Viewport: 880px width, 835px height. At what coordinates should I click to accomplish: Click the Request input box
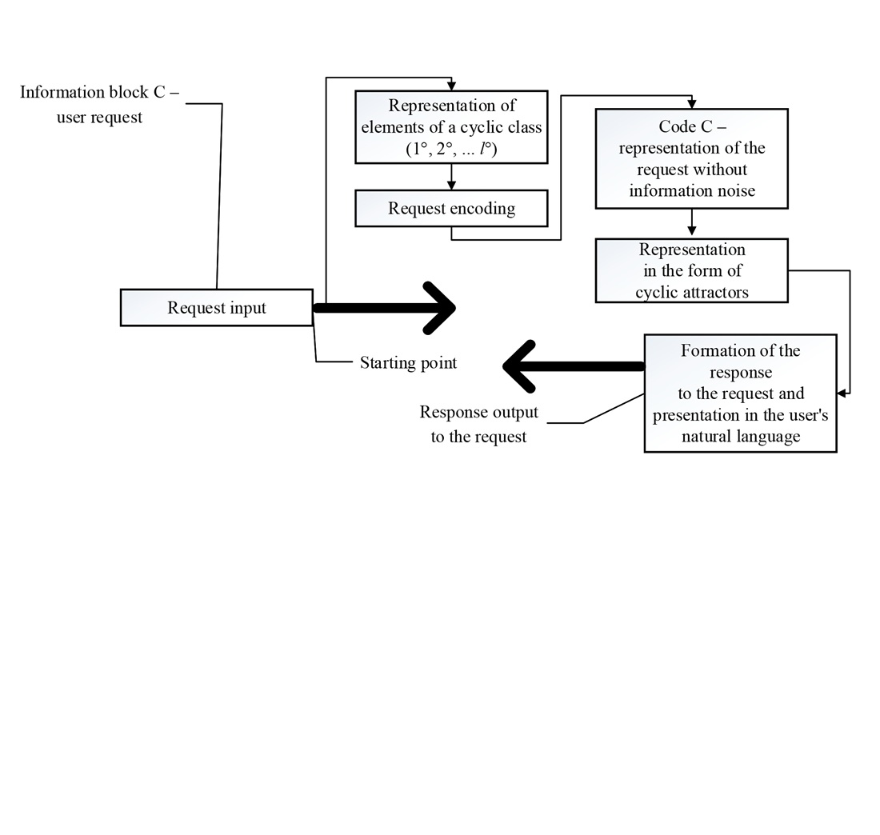tap(216, 308)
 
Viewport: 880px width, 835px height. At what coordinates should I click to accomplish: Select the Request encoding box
tap(451, 209)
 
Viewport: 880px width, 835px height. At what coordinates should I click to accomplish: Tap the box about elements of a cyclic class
tap(451, 127)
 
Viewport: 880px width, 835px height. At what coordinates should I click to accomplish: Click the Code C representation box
tap(691, 158)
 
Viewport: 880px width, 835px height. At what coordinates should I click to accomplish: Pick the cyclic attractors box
tap(691, 270)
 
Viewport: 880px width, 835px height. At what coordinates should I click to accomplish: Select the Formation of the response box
tap(740, 394)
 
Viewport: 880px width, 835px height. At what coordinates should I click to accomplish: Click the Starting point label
tap(408, 363)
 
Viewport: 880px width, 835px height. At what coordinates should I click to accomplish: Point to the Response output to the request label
tap(478, 424)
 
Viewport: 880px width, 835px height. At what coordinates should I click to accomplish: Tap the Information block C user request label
tap(99, 104)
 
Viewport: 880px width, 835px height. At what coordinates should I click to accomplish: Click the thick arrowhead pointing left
tap(518, 366)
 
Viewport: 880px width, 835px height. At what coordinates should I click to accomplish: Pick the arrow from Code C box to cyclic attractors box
tap(692, 224)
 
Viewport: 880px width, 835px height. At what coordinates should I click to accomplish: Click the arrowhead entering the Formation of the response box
tap(841, 394)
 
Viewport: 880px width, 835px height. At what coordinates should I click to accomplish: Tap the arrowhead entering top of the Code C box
tap(692, 105)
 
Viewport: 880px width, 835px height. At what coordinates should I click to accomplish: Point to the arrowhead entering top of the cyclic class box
tap(452, 86)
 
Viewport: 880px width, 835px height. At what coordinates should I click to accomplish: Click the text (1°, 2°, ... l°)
tap(451, 149)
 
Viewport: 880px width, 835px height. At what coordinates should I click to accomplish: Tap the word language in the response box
tap(769, 437)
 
